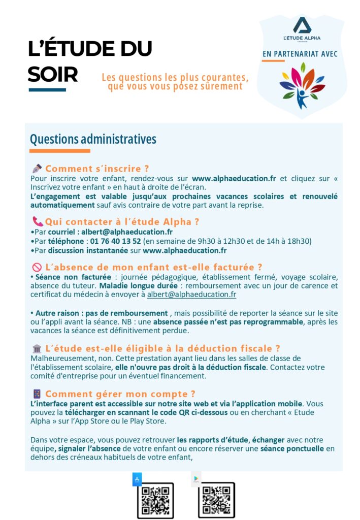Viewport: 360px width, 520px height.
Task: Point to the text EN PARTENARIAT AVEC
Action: coord(300,53)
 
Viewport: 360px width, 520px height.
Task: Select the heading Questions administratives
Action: coord(93,139)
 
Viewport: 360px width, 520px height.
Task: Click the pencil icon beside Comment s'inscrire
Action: coord(37,168)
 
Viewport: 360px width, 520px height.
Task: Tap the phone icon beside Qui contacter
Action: coord(38,221)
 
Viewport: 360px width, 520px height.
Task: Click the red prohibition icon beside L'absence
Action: coord(37,267)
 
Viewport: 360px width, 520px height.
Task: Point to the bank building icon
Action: coord(37,348)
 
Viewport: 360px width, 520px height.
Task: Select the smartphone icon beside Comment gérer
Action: coord(37,394)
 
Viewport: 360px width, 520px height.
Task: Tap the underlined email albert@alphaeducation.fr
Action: coord(191,295)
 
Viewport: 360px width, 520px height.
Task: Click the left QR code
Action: coord(155,500)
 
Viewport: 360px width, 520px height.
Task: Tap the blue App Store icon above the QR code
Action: coord(137,479)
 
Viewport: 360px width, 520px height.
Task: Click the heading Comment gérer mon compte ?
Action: coord(120,394)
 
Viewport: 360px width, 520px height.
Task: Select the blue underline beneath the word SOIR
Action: coord(47,90)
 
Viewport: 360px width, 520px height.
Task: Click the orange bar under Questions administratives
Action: coord(59,151)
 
